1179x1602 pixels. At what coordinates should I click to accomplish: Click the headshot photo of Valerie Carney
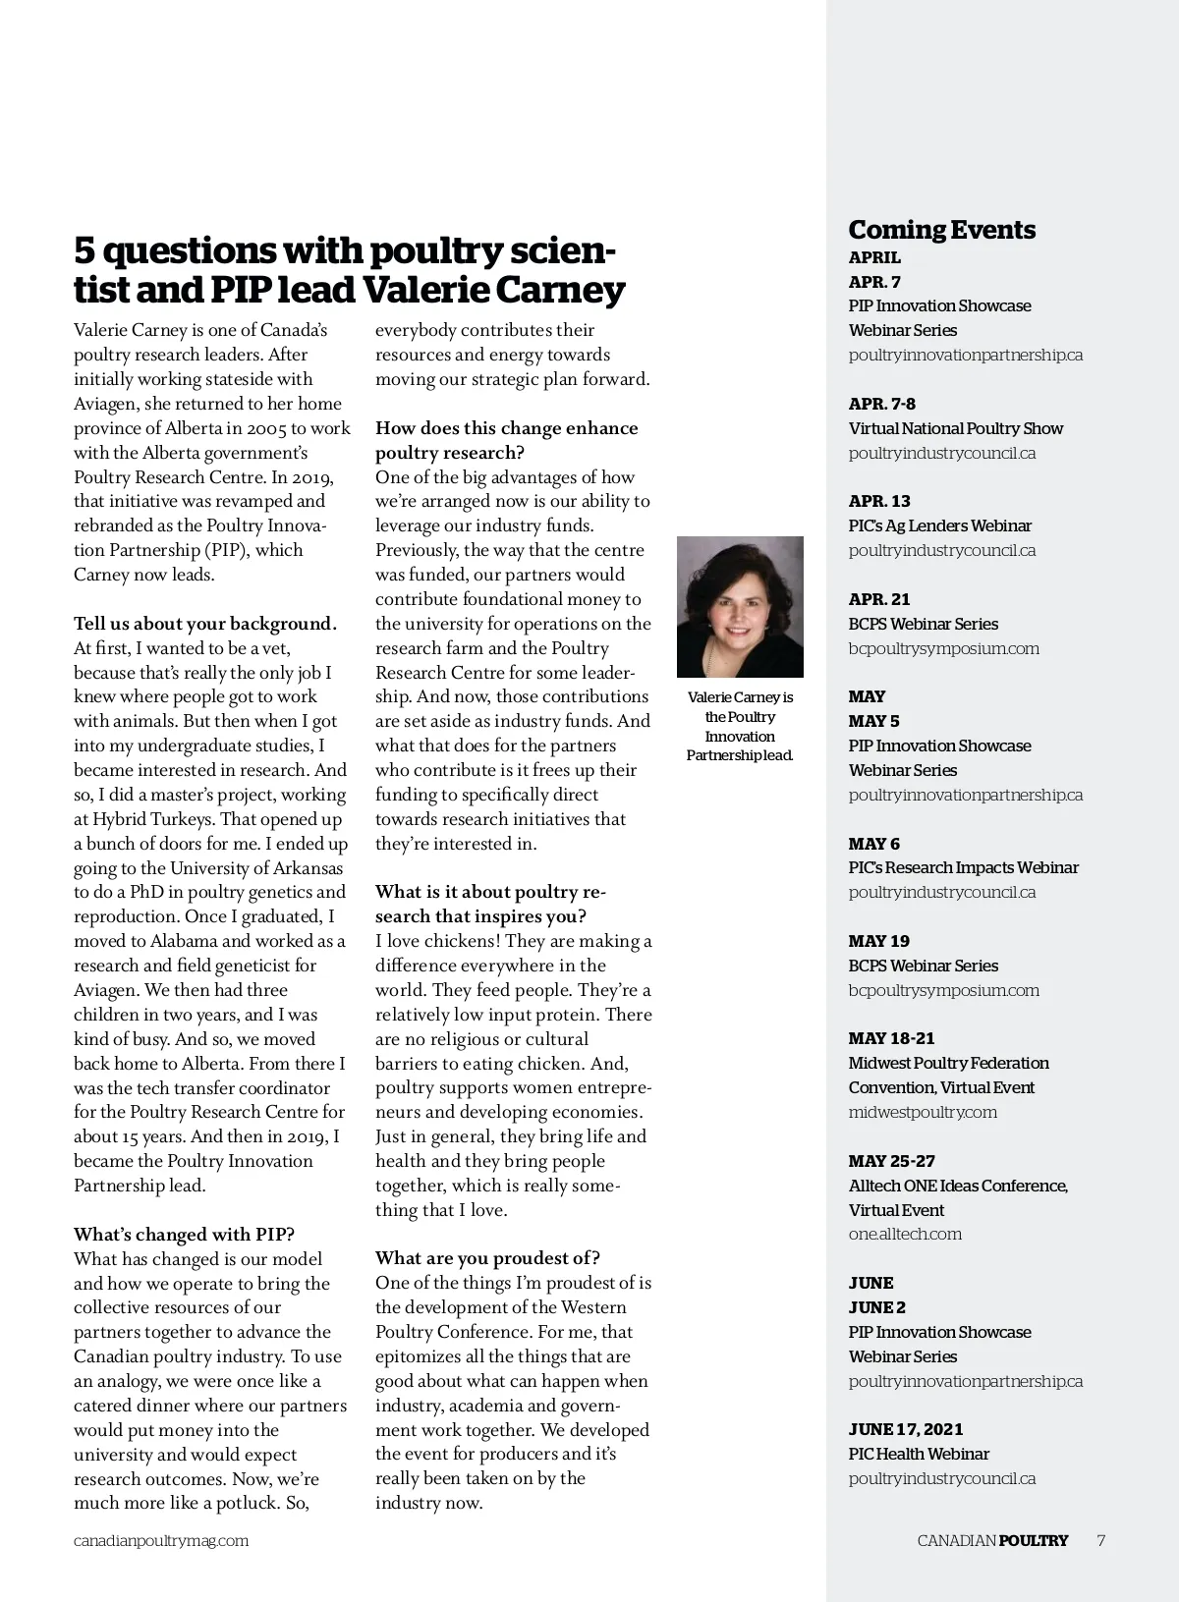[x=740, y=606]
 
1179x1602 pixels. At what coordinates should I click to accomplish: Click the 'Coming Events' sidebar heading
[x=941, y=230]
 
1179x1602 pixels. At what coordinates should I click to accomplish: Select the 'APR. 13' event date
[x=879, y=501]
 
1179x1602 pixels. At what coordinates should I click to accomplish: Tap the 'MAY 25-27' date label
[x=891, y=1161]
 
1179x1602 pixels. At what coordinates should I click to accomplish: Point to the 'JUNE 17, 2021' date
[x=905, y=1429]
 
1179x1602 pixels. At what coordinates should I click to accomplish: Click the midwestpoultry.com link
[x=922, y=1112]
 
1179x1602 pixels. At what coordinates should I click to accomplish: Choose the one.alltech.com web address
[x=904, y=1234]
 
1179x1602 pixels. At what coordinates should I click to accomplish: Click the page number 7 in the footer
[x=1100, y=1540]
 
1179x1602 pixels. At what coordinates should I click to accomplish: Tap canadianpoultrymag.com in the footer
[x=161, y=1540]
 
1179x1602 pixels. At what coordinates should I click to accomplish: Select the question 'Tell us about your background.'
[x=204, y=624]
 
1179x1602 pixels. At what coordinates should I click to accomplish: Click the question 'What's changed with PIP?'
[x=184, y=1235]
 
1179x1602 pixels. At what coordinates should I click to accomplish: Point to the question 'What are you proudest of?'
[x=487, y=1258]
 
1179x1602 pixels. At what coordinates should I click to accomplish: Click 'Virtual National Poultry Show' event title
[x=955, y=428]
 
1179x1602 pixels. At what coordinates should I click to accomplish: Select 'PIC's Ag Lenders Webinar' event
[x=939, y=525]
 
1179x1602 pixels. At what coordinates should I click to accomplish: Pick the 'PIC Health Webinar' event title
[x=918, y=1454]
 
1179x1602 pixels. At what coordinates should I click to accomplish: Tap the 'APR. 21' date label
[x=879, y=599]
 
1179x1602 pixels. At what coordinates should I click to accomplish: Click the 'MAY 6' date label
[x=873, y=844]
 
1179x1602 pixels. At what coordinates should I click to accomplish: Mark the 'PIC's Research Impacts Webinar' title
[x=963, y=867]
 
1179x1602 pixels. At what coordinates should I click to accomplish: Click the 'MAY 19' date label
[x=878, y=941]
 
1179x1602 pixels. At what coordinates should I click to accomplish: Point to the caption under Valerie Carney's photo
[x=740, y=726]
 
